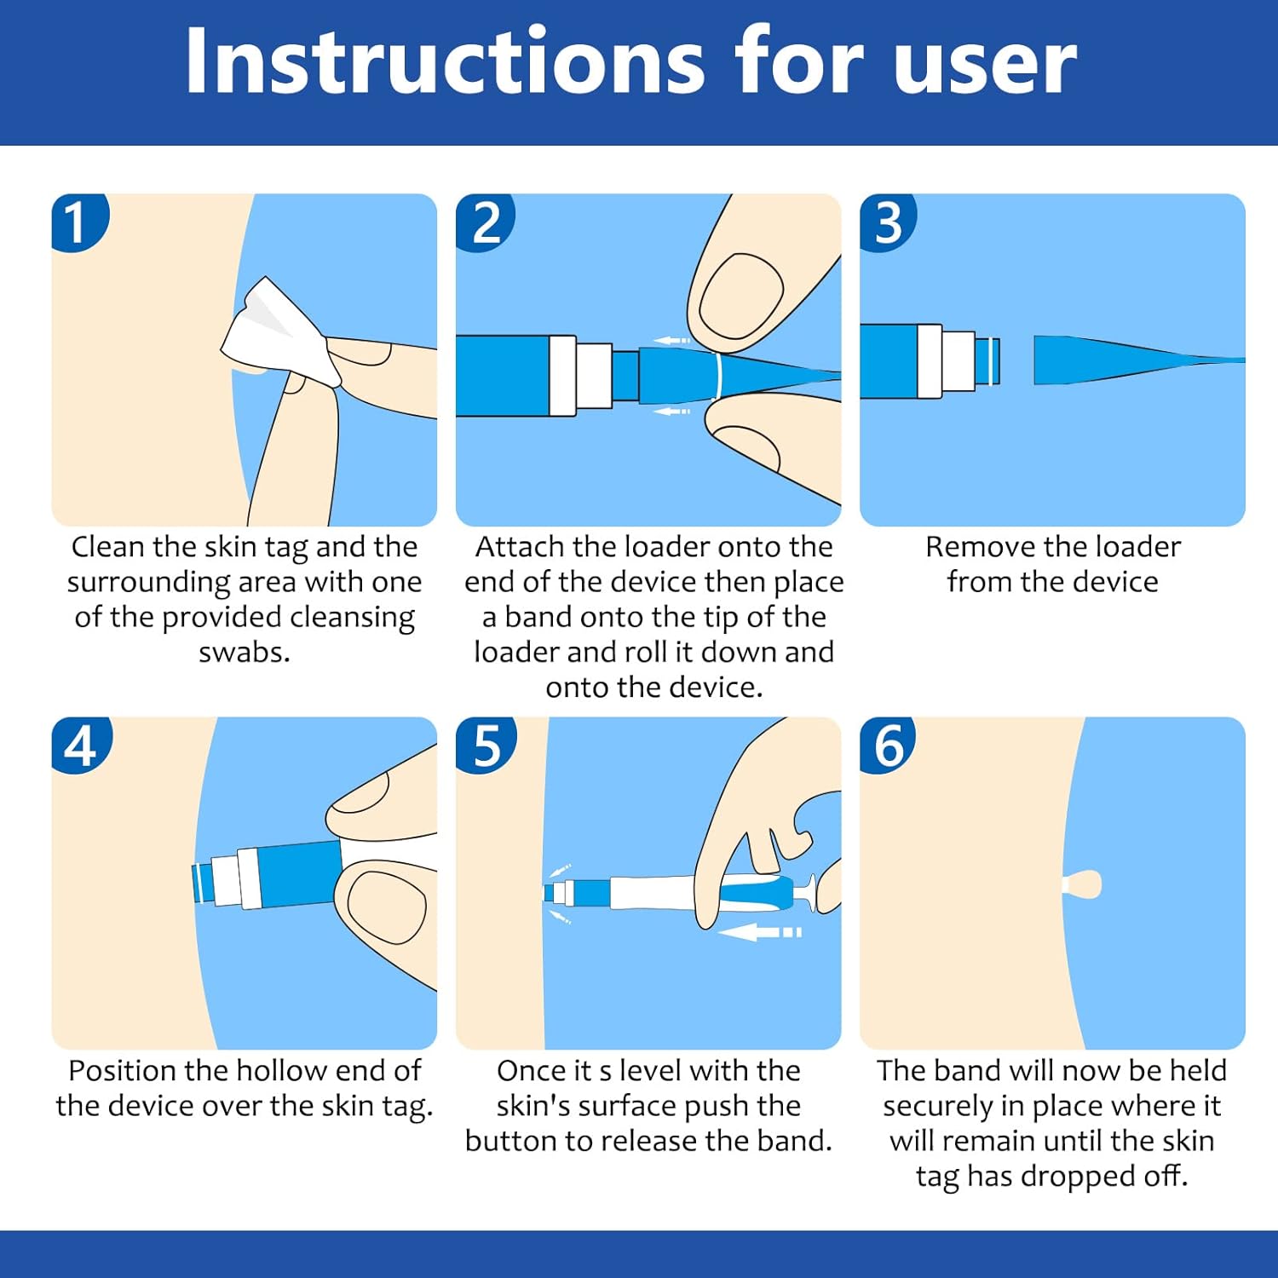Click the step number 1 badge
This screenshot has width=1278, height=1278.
pos(79,222)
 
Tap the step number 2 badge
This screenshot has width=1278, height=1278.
pos(485,222)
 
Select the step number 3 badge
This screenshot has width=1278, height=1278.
pos(888,222)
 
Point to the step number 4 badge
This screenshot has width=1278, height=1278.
pos(81,745)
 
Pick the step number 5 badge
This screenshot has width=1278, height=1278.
pos(486,745)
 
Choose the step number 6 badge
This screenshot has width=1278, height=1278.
pos(888,745)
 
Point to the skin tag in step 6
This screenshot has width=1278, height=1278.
pos(1082,884)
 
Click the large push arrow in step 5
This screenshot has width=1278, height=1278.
pos(759,932)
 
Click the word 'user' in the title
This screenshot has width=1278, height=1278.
pos(985,68)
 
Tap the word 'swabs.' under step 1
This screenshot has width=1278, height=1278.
pos(245,652)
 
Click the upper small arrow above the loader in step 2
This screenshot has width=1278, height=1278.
pos(672,341)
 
